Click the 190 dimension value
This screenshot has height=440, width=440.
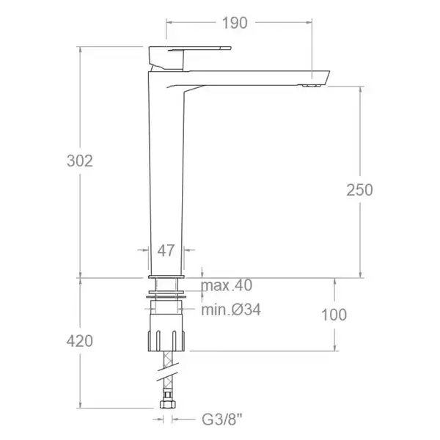pyautogui.click(x=235, y=23)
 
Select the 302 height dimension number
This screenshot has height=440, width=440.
pyautogui.click(x=80, y=161)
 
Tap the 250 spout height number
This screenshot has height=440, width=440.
pyautogui.click(x=359, y=190)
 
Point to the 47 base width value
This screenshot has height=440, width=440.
pyautogui.click(x=166, y=251)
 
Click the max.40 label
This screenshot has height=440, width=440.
pyautogui.click(x=227, y=285)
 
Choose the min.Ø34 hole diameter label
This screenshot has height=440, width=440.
pyautogui.click(x=231, y=309)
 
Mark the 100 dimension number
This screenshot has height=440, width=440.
pyautogui.click(x=334, y=315)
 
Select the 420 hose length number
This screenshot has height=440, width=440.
pyautogui.click(x=80, y=341)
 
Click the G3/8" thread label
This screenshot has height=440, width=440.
pyautogui.click(x=222, y=419)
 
